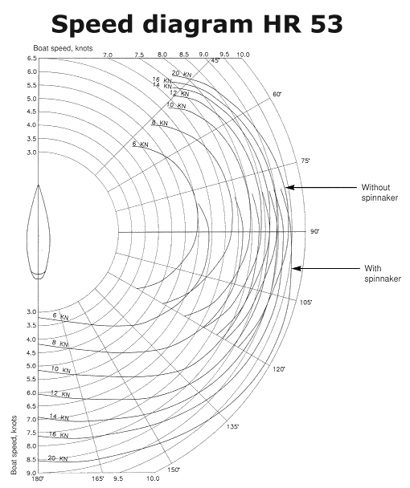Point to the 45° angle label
215,60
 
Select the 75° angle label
305,161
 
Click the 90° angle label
314,231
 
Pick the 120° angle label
279,369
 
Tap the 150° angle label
174,470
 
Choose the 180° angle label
39,478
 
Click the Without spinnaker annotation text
379,193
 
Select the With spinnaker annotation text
382,273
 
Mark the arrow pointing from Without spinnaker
321,187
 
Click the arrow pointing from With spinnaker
326,268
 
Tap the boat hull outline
27,232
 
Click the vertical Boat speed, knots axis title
14,445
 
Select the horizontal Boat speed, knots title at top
63,48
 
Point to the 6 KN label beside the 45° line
141,144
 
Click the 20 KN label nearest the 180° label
58,458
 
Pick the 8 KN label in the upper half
160,123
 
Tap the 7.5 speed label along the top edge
139,55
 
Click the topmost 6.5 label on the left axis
32,59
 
